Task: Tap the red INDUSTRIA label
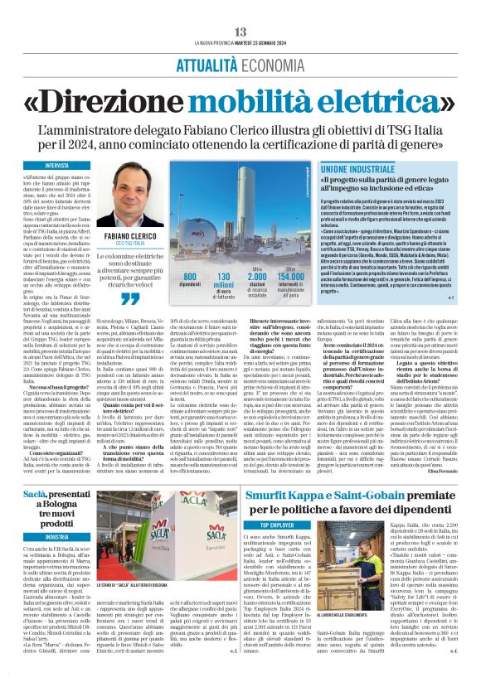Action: [57, 537]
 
